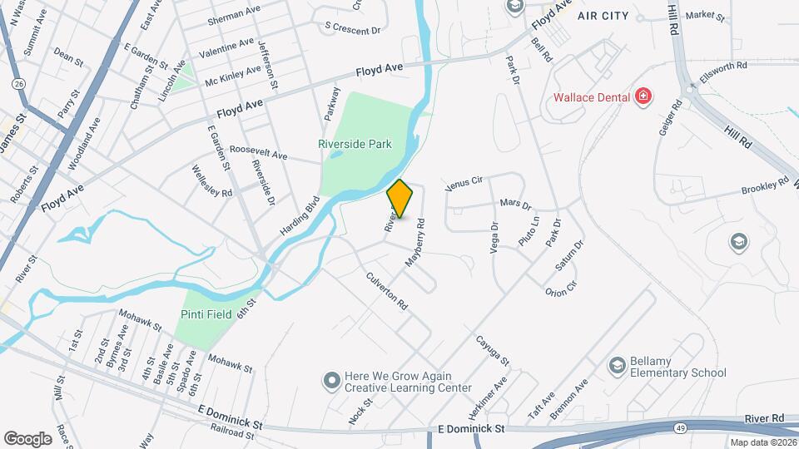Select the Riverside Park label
coord(355,144)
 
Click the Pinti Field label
coord(206,314)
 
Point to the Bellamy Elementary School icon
coord(617,365)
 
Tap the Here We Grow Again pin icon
coord(331,380)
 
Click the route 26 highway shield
coord(18,83)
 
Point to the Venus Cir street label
coord(464,183)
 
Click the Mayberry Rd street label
coord(415,242)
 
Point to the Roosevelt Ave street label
coord(258,155)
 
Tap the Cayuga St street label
coord(492,350)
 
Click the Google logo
coord(27,438)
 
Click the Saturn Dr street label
coord(570,255)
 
